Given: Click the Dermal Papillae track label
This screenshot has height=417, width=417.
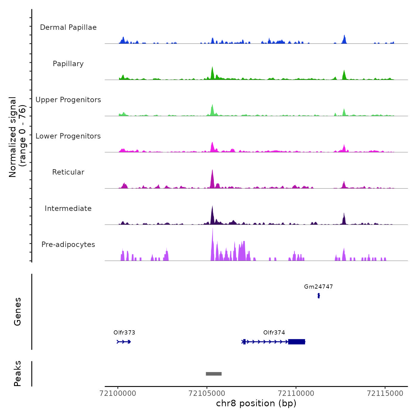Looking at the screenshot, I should tap(68, 27).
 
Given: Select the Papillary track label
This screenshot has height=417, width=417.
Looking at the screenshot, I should tap(68, 64).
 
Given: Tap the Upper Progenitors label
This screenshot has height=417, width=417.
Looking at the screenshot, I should tap(68, 100).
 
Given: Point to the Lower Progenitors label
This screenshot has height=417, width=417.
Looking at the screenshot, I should tap(68, 136).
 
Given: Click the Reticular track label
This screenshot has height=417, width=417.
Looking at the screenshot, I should tap(68, 172).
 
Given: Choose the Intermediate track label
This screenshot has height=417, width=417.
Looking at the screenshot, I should tap(68, 208).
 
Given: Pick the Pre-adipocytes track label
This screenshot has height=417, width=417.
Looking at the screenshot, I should tap(68, 245).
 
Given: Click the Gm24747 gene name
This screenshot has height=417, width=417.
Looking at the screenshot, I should tap(318, 287).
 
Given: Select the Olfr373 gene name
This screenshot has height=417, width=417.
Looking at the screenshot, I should tap(124, 332).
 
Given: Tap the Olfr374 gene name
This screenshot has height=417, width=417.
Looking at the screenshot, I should tap(274, 332).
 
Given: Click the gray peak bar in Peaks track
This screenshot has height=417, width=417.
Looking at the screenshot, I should tap(214, 374).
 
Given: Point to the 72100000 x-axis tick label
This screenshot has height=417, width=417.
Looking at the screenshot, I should tap(118, 393).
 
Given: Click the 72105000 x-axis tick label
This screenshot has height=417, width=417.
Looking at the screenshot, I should tap(207, 393).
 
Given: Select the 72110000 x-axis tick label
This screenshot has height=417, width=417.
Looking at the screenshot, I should tap(296, 393).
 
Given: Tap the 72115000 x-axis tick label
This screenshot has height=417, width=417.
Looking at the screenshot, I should tap(385, 393).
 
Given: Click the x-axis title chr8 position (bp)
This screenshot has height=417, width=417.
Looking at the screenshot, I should tap(256, 403).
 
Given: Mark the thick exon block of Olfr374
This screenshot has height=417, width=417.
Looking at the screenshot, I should tap(297, 342).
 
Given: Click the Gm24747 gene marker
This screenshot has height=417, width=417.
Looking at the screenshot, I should tap(319, 295).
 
